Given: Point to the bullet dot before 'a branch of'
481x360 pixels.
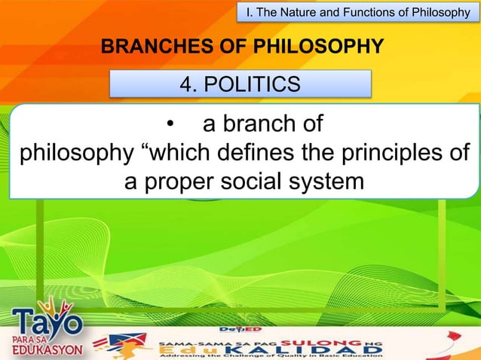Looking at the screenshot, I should [171, 124].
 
